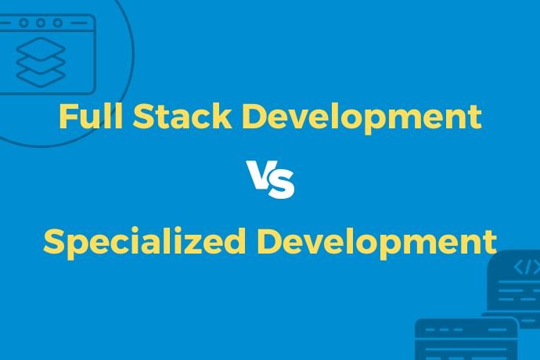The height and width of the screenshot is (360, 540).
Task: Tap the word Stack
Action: pos(182,118)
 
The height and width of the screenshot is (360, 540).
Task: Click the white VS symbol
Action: pos(271,180)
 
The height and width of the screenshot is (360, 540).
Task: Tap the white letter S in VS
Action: pos(281,184)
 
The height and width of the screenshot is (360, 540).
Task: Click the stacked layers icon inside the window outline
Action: pos(41,63)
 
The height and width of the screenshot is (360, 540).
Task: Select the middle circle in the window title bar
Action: pos(40,23)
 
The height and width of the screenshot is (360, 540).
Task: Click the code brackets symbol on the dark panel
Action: pos(526,268)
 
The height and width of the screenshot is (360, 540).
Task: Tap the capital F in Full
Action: pos(66,118)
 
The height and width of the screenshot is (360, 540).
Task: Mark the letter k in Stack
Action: pos(222,117)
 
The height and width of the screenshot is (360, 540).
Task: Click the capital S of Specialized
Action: pos(53,241)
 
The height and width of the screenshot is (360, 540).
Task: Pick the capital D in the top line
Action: pos(252,118)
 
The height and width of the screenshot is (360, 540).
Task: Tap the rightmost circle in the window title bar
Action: pos(56,23)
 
